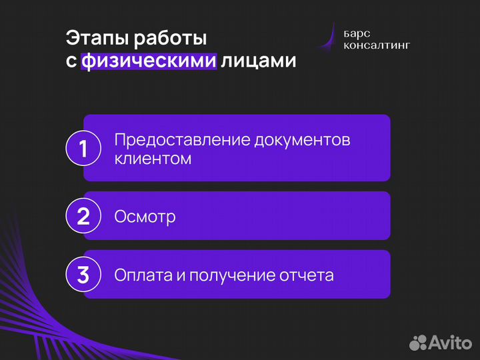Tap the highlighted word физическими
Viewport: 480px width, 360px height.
149,61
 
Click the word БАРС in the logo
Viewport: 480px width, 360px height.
358,33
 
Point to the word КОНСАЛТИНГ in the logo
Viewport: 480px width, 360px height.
377,45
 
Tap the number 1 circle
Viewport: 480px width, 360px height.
83,148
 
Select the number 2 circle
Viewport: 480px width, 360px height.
83,216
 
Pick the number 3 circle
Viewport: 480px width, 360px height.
83,275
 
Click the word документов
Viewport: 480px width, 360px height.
303,141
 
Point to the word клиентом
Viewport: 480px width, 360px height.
153,159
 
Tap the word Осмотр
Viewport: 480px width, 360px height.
145,217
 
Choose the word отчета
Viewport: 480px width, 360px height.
307,275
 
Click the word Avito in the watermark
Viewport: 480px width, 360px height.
450,343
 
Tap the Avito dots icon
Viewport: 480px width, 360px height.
418,343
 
